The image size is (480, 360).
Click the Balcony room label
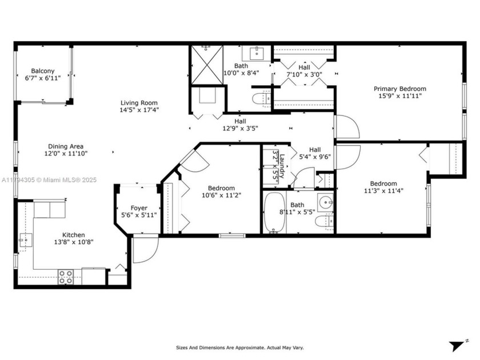pos(43,71)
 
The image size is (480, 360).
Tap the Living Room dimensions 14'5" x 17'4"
pos(139,110)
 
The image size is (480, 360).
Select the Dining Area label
pos(66,146)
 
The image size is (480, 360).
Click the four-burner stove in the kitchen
pos(66,277)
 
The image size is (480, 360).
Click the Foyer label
pos(139,208)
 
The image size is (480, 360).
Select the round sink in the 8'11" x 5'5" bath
pos(325,202)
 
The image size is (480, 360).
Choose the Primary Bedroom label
pos(399,89)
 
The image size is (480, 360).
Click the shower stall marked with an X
pos(206,66)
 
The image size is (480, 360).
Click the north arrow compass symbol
pos(458,346)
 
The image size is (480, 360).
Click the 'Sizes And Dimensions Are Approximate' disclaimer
pos(239,347)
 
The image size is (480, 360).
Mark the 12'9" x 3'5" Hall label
pos(239,125)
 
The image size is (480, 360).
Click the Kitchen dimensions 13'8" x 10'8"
pos(74,242)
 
